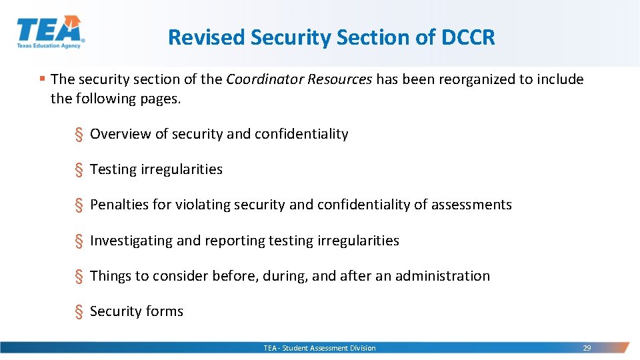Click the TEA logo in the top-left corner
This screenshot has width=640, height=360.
[x=50, y=32]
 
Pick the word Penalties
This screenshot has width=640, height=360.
[x=119, y=205]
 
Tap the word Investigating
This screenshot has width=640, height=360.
[x=131, y=241]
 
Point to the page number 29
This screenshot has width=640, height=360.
[x=587, y=348]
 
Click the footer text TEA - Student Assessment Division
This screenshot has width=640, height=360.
[x=319, y=348]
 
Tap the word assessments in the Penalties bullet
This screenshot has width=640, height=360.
[x=471, y=205]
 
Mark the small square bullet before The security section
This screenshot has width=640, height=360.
[x=42, y=79]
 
